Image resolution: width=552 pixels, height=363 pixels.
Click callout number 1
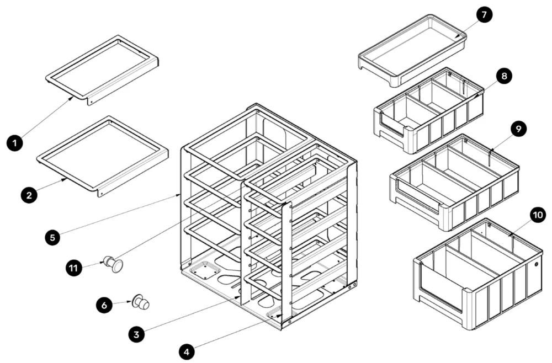point(15,143)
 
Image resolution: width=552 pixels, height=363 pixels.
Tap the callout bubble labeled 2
point(29,194)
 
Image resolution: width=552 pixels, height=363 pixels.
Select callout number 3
point(136,333)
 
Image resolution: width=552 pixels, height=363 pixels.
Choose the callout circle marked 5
point(52,237)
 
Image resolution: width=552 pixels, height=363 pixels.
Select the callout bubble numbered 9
point(518,129)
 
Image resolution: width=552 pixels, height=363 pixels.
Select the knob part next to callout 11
point(114,264)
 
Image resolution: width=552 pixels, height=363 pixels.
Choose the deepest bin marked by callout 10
point(477,276)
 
